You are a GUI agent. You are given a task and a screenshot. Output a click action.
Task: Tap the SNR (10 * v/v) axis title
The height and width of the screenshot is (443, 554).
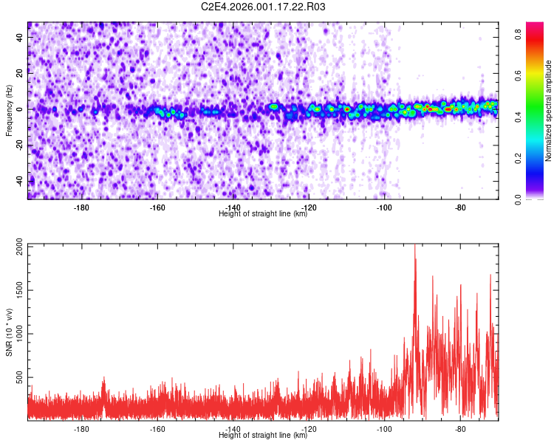click(9, 332)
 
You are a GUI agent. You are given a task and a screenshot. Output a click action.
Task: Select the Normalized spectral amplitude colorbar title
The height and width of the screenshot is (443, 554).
click(549, 111)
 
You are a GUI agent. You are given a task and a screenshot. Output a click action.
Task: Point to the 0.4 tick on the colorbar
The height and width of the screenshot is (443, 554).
click(519, 117)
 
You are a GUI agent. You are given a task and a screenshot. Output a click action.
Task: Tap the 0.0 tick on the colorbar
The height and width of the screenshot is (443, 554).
click(519, 199)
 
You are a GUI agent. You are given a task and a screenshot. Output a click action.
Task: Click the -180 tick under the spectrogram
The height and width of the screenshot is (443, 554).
click(81, 207)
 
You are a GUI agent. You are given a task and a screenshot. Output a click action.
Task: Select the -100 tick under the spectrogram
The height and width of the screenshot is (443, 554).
click(384, 207)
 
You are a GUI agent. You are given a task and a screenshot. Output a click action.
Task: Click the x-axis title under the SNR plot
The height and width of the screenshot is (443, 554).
click(263, 436)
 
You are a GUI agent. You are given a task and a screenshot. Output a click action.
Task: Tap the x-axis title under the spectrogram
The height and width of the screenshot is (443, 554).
click(263, 214)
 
